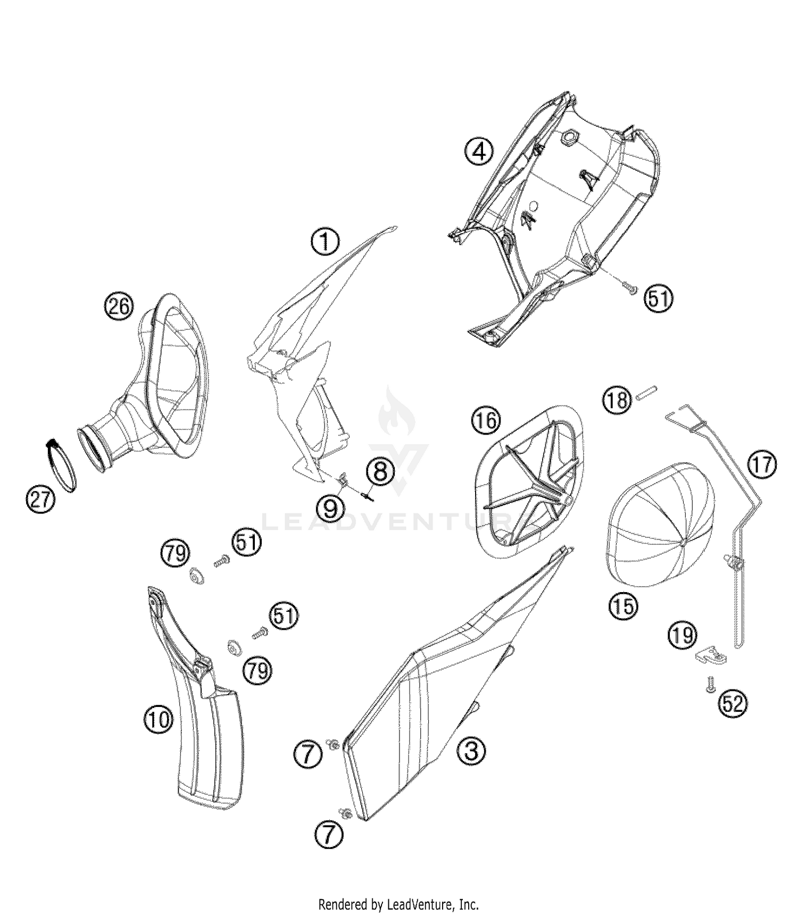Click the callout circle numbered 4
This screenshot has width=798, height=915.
tap(479, 152)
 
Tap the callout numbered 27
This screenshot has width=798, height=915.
tap(40, 500)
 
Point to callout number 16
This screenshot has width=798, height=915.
tap(485, 421)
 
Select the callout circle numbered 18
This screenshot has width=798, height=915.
tap(617, 400)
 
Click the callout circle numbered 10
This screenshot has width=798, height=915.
tap(158, 720)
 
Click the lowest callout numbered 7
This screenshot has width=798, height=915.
tap(329, 837)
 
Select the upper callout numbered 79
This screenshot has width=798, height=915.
tap(176, 554)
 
